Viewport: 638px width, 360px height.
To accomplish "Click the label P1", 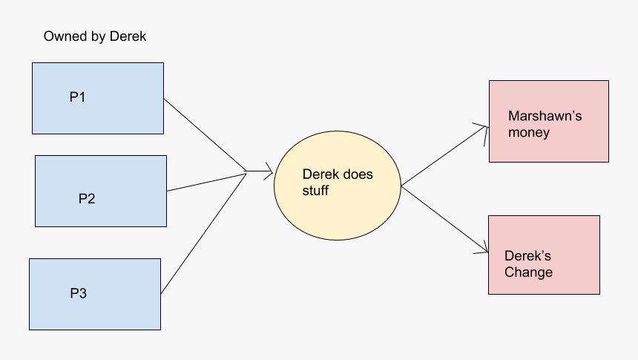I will coord(78,97).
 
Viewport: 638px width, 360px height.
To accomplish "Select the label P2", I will coord(87,199).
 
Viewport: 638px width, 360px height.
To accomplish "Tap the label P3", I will coord(79,293).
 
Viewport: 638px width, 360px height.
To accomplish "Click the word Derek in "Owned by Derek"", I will coord(128,36).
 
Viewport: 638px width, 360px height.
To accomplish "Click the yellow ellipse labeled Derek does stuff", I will coord(338,215).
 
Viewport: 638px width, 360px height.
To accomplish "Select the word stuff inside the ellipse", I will coord(315,191).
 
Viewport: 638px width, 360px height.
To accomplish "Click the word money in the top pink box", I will coord(529,133).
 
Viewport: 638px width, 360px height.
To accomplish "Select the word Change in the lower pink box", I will coord(528,272).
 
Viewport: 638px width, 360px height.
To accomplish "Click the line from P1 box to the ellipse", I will coord(204,134).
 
